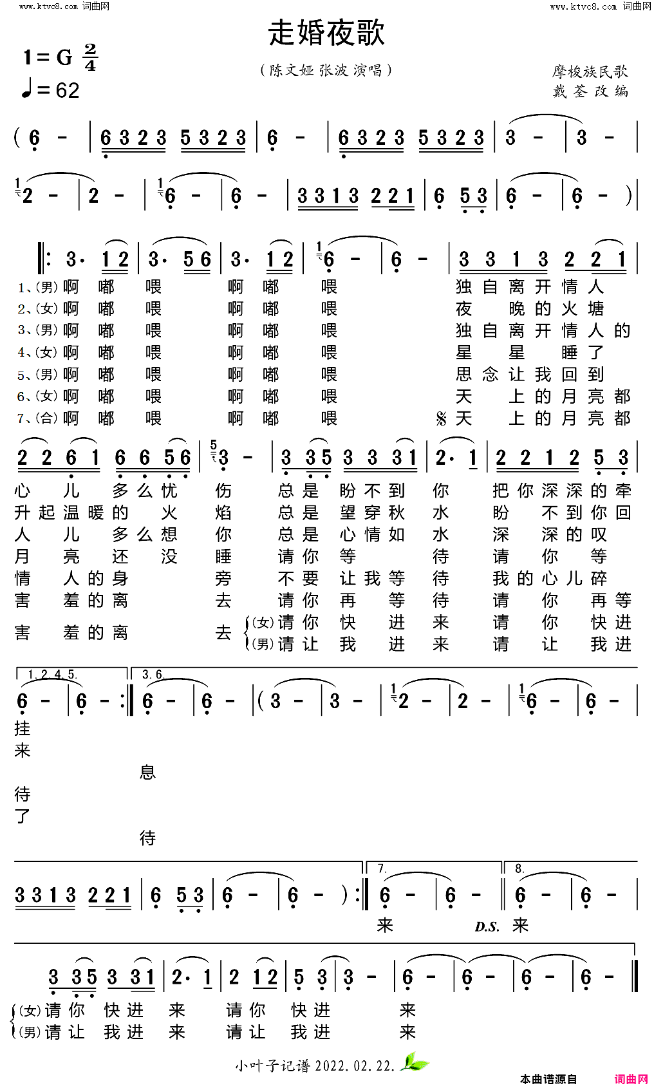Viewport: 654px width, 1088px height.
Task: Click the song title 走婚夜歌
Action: click(326, 33)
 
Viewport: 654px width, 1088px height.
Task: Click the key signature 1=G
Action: click(48, 58)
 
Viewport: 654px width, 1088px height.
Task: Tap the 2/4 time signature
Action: click(90, 57)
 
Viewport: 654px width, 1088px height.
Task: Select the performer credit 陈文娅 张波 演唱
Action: click(326, 70)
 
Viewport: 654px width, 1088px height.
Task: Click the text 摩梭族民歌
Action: click(589, 71)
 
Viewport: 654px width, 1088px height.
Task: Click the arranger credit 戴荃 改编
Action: click(590, 91)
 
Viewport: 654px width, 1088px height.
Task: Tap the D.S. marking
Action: click(487, 927)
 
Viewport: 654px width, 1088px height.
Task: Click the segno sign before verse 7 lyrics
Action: click(441, 419)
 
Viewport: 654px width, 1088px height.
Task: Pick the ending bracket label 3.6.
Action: click(153, 675)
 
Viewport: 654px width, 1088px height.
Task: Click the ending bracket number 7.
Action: click(382, 869)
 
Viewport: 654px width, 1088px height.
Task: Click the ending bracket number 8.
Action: click(519, 869)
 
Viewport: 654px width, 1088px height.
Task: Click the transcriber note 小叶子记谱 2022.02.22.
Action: click(315, 1065)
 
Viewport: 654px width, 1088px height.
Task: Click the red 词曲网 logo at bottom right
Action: click(631, 1079)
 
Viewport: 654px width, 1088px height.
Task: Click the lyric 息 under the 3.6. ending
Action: click(147, 772)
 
